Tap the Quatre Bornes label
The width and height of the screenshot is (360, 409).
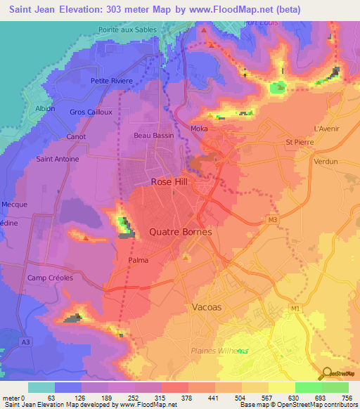[x=181, y=231]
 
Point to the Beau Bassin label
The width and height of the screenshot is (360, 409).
[x=153, y=135]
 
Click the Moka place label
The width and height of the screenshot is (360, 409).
[x=199, y=129]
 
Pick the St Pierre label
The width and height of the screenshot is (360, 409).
[x=299, y=142]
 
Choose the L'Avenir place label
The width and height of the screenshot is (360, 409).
[x=326, y=129]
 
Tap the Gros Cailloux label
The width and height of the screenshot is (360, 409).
[x=91, y=112]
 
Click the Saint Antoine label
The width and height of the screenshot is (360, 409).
[x=57, y=159]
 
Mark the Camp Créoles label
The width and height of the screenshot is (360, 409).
[x=50, y=278]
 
